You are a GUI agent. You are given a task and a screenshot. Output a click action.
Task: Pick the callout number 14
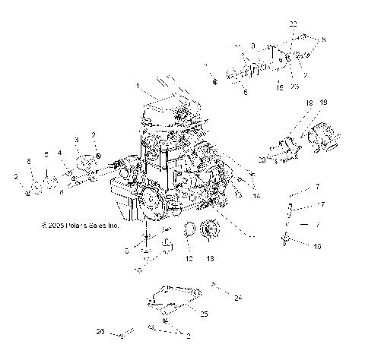235,196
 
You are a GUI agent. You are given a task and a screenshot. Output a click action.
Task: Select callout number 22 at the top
293,25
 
